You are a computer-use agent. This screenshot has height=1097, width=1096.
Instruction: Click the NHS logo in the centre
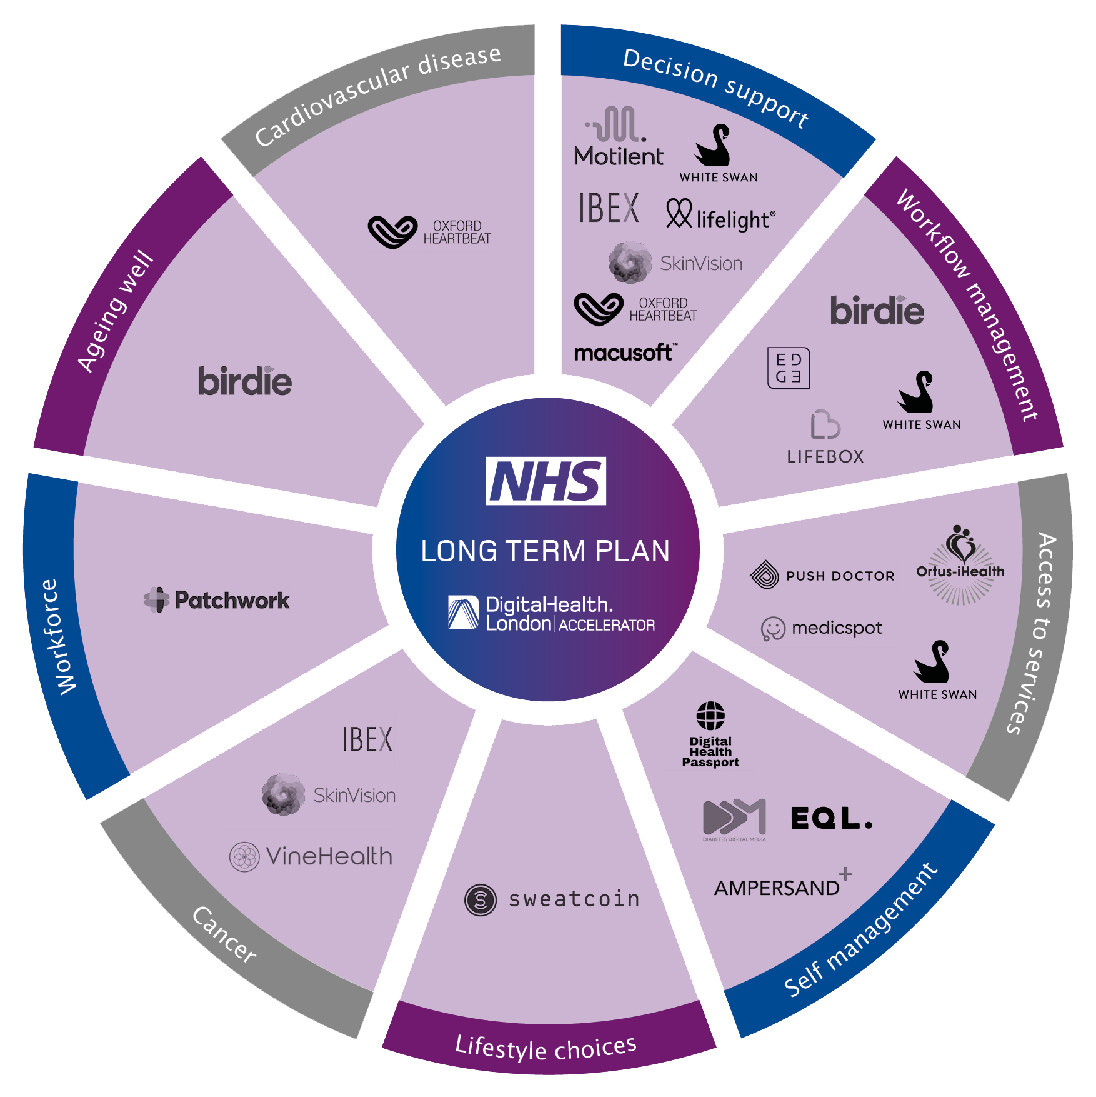546,481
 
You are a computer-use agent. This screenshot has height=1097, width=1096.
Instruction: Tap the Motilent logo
618,137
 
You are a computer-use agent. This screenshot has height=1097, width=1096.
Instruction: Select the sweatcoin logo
552,899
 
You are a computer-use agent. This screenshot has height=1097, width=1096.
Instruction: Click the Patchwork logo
217,600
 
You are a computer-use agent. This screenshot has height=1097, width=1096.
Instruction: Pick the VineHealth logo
311,856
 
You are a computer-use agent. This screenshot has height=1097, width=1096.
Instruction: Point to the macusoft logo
624,353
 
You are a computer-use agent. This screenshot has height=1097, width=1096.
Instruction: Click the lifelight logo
720,216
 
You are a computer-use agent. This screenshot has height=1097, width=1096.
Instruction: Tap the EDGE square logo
789,368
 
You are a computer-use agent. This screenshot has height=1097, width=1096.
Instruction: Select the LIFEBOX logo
825,438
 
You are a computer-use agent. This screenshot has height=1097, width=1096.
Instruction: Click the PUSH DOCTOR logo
822,575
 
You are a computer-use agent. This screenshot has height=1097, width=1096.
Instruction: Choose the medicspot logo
821,628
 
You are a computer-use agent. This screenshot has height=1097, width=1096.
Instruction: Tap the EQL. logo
831,818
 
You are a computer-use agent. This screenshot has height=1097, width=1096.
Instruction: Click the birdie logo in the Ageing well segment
245,381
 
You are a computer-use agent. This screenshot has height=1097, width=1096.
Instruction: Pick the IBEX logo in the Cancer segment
367,739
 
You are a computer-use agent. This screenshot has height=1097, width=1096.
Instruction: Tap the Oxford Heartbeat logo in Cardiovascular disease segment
429,232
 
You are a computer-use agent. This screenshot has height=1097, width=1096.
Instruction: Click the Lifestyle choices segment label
546,1048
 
